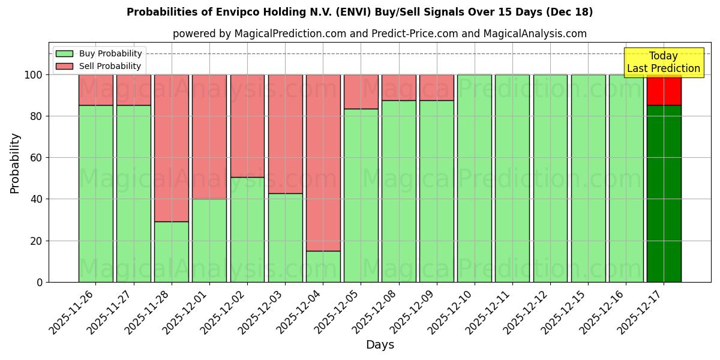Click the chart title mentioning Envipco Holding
(359, 12)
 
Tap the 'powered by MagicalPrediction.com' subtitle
(379, 34)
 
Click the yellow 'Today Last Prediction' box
(663, 62)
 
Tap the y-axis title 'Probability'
(15, 163)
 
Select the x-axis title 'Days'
(380, 345)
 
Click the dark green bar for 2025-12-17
(664, 193)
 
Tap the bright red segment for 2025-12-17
(664, 90)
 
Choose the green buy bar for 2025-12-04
(323, 266)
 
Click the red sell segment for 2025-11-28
(171, 148)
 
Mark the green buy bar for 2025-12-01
(209, 240)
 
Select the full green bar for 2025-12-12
(550, 178)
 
